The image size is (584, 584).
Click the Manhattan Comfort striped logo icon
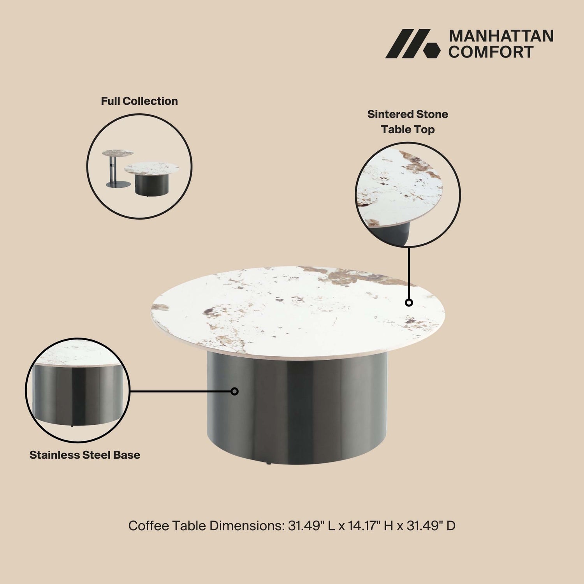(x=413, y=44)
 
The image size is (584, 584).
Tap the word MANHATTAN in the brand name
(x=501, y=36)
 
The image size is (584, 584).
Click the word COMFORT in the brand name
(x=491, y=52)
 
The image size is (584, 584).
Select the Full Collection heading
(x=139, y=101)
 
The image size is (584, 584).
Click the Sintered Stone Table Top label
(x=408, y=122)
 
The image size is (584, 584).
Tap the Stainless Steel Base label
(x=85, y=455)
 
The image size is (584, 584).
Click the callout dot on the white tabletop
(x=409, y=303)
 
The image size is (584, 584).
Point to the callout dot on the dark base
(x=234, y=391)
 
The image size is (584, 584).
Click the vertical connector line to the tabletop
(x=409, y=273)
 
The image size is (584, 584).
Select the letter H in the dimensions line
(x=388, y=526)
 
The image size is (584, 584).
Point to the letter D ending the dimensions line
(x=451, y=526)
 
